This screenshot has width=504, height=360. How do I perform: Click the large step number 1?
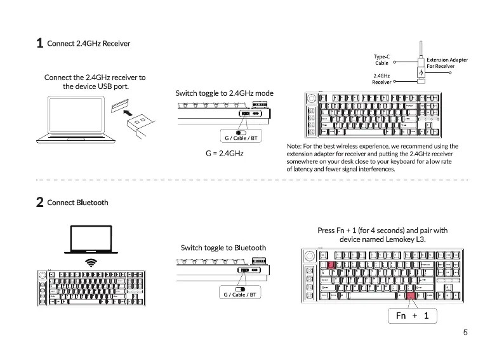coord(39,44)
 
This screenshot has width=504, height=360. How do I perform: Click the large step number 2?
coord(39,203)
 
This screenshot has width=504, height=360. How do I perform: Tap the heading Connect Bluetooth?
coord(77,203)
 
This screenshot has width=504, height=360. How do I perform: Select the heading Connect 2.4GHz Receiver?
coord(88,43)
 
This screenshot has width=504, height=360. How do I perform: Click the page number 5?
coord(465,331)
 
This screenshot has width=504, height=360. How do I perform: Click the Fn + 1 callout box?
coord(412,315)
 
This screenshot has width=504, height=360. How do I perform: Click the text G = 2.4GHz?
coord(224,154)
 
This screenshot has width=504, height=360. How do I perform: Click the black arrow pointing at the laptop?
coord(129,114)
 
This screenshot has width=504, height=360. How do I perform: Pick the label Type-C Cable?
coord(381,60)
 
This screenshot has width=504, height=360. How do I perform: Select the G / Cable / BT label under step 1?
coord(241,138)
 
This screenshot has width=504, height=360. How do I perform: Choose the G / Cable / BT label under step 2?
coord(239,295)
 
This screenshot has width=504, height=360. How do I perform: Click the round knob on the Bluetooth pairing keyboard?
coord(310,256)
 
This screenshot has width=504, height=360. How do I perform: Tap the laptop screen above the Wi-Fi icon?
coord(91,239)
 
